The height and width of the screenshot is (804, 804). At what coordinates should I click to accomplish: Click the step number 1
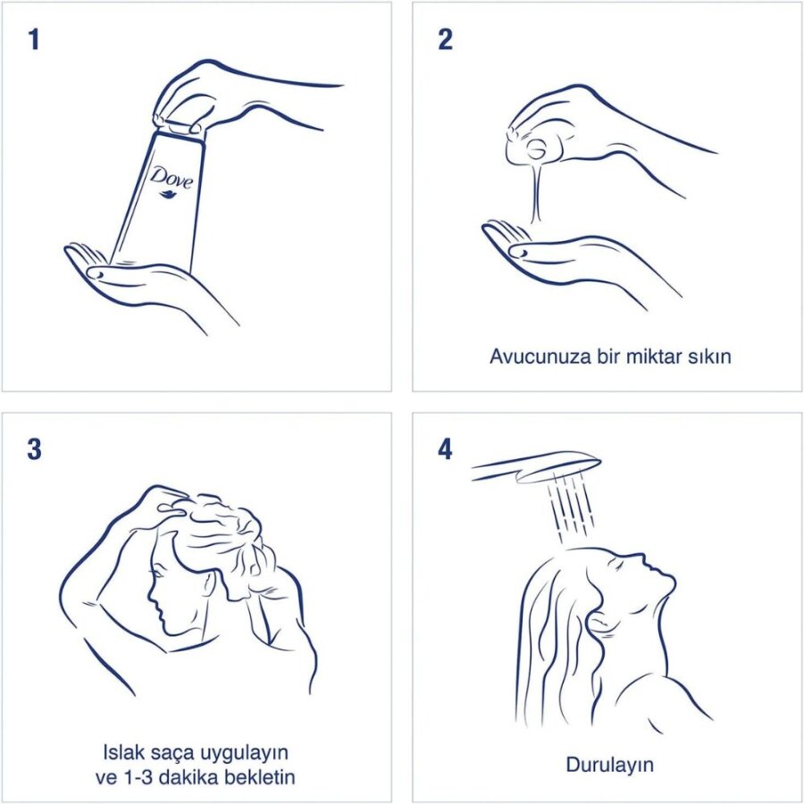click(34, 39)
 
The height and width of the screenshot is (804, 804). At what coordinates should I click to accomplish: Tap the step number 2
click(445, 39)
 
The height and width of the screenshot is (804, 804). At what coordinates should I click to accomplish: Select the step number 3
click(34, 449)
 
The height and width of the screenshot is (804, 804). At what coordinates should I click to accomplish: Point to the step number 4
click(445, 449)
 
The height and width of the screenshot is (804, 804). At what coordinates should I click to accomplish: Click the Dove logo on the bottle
click(172, 177)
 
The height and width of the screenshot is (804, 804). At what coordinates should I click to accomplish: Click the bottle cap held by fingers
click(178, 126)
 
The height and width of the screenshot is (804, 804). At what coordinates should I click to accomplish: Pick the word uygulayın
click(244, 754)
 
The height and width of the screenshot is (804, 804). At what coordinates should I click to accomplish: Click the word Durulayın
click(609, 765)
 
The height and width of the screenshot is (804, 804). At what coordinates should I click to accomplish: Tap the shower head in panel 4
click(536, 467)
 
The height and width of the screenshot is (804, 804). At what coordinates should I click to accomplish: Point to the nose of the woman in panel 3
click(150, 595)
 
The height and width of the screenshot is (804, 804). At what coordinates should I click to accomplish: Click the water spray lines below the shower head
click(570, 507)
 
